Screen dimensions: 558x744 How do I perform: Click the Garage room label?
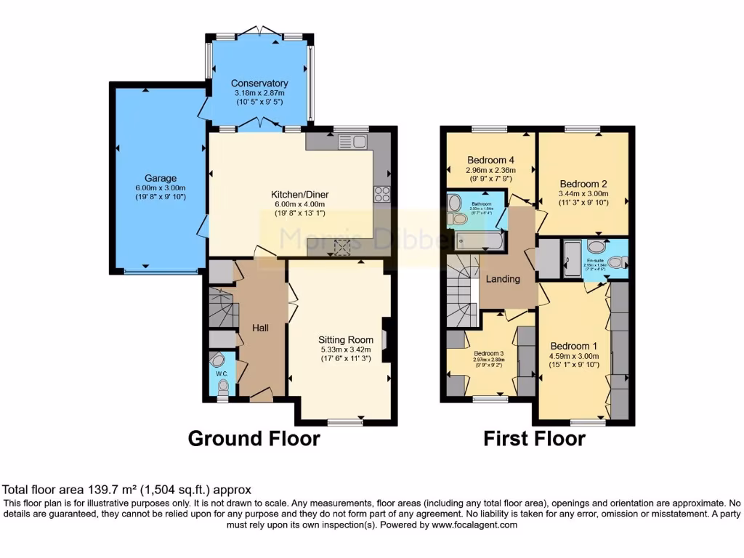pyautogui.click(x=159, y=178)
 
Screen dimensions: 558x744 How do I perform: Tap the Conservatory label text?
pyautogui.click(x=259, y=84)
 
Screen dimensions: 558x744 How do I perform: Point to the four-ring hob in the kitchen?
pyautogui.click(x=381, y=194)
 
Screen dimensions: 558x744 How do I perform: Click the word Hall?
pyautogui.click(x=260, y=328)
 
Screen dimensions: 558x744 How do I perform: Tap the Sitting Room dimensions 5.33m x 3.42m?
pyautogui.click(x=346, y=349)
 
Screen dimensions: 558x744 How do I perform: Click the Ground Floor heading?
pyautogui.click(x=254, y=439)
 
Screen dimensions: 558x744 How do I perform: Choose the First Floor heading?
pyautogui.click(x=534, y=439)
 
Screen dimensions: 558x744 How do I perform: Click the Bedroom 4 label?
pyautogui.click(x=490, y=160)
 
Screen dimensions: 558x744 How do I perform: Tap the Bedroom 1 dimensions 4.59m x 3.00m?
pyautogui.click(x=574, y=356)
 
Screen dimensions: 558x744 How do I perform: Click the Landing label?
pyautogui.click(x=504, y=279)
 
